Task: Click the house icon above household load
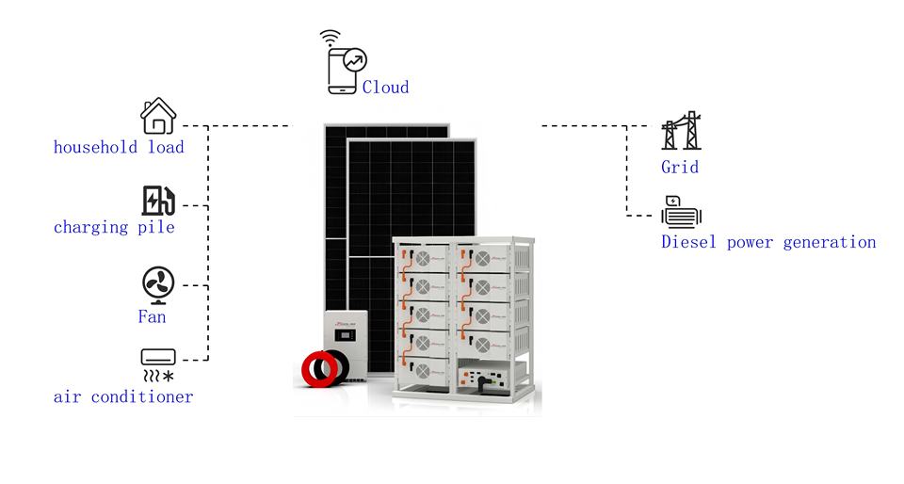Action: (x=158, y=116)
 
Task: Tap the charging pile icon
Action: (x=158, y=201)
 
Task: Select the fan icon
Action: (x=158, y=284)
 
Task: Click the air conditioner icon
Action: (x=158, y=365)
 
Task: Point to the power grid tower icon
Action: (x=682, y=131)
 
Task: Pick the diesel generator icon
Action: (x=682, y=212)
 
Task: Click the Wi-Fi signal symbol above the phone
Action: (x=331, y=38)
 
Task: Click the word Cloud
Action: (x=386, y=87)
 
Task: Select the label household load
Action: (x=119, y=147)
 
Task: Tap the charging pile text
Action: (x=114, y=227)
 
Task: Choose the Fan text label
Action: (x=153, y=316)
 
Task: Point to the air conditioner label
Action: (x=123, y=396)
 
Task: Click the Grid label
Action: (x=680, y=167)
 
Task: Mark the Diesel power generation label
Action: (x=768, y=242)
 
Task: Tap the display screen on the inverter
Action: (x=345, y=335)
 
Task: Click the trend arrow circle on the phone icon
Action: (x=355, y=60)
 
